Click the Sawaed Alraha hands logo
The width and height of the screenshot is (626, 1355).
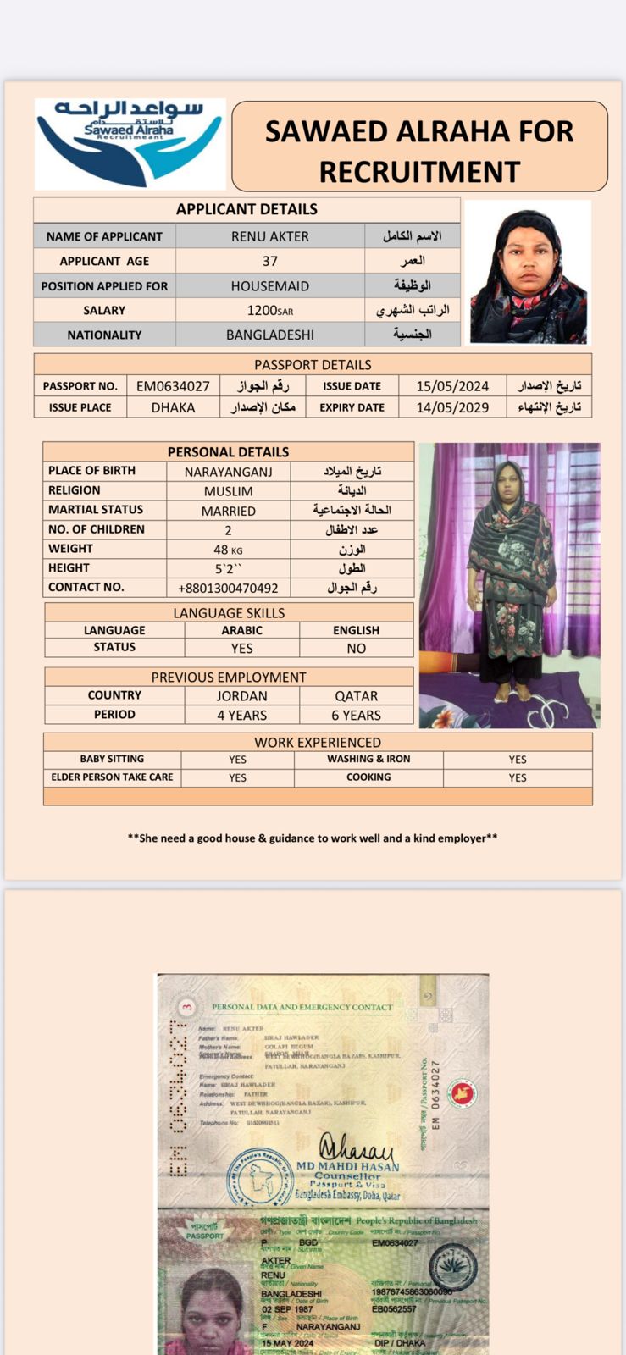[130, 142]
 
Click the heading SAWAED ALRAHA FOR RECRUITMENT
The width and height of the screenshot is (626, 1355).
[419, 151]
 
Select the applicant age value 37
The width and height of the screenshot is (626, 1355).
[270, 261]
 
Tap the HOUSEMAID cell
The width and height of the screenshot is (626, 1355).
[270, 286]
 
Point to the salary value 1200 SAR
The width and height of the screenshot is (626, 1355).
[270, 311]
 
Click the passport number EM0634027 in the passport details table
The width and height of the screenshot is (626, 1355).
[173, 386]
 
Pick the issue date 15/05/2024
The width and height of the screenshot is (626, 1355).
[452, 386]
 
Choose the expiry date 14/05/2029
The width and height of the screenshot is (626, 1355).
[452, 407]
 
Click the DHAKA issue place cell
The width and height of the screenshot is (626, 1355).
[173, 407]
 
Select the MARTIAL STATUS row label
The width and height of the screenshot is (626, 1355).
[96, 510]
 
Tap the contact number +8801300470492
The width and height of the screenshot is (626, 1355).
[228, 588]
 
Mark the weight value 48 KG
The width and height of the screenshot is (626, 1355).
[228, 550]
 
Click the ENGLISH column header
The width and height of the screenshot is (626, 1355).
[356, 630]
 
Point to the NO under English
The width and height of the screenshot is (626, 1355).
[356, 648]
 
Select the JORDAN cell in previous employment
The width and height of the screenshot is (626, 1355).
[241, 696]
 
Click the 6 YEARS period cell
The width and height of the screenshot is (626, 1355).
[356, 715]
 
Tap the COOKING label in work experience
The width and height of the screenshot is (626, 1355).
[368, 777]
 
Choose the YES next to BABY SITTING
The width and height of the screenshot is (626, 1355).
[237, 760]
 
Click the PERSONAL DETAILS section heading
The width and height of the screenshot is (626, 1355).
[228, 452]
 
